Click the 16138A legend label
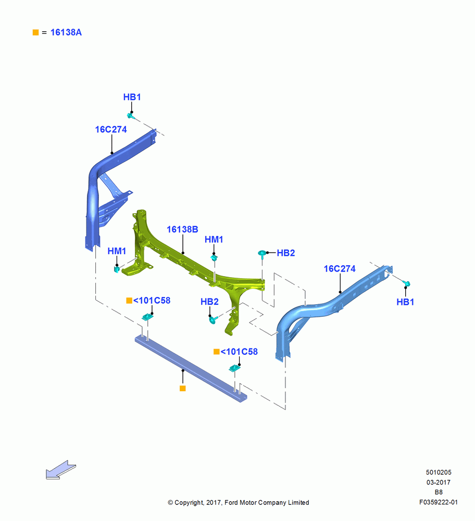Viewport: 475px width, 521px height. tap(66, 32)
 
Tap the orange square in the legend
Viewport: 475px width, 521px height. tap(35, 32)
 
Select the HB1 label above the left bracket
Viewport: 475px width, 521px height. tap(132, 97)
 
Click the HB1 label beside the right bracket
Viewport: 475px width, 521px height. tap(405, 302)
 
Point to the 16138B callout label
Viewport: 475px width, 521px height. tap(182, 229)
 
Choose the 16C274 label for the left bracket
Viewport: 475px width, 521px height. tap(111, 129)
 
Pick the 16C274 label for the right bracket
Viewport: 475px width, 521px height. tap(340, 268)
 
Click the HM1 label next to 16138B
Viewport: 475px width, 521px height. tap(214, 239)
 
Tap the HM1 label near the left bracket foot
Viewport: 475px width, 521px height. tap(117, 251)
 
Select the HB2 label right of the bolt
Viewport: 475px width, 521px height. tap(285, 253)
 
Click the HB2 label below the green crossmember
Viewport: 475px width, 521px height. tap(209, 301)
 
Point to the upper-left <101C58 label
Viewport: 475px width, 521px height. tap(152, 301)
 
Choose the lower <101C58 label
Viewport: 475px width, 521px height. tap(239, 352)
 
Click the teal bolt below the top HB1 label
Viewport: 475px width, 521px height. tap(131, 116)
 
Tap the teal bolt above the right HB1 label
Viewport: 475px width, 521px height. tap(407, 283)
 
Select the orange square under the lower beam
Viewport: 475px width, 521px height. tap(182, 388)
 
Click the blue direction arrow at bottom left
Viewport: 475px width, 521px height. tap(61, 470)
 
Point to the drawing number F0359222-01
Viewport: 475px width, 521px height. tap(438, 502)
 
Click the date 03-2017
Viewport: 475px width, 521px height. tap(439, 482)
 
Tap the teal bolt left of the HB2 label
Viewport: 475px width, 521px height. tap(262, 253)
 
